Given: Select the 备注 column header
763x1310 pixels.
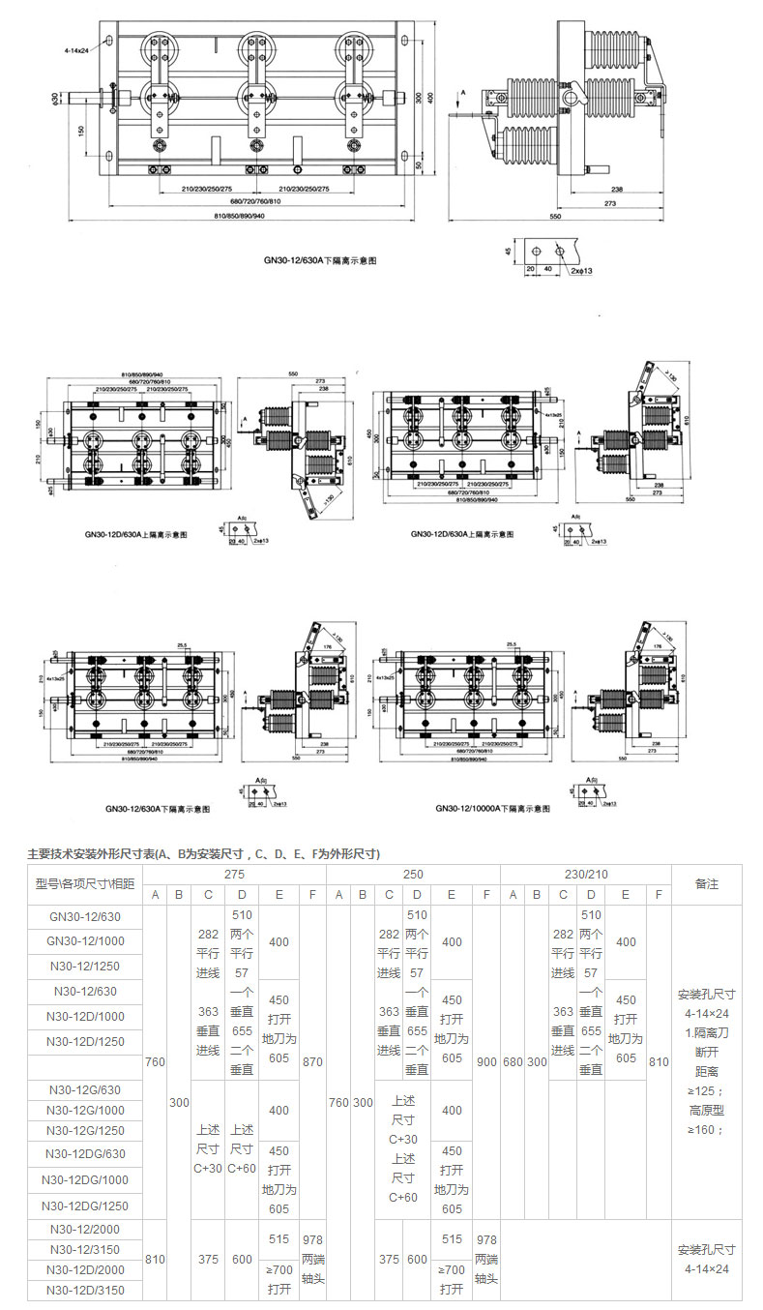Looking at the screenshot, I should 707,883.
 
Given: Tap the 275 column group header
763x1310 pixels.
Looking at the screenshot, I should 235,873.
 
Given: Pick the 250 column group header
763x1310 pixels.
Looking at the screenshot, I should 414,873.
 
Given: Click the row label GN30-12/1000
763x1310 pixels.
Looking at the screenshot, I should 84,940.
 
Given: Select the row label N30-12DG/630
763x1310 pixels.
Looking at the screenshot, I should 84,1153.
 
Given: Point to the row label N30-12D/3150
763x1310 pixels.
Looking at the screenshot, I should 84,1290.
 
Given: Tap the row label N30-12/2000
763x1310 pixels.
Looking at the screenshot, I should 84,1228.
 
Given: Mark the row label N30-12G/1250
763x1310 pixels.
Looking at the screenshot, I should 84,1130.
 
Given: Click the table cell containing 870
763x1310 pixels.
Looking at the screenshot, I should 312,1061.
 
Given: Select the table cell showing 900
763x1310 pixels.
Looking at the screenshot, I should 486,1061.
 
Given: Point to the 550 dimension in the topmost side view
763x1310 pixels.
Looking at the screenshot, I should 555,217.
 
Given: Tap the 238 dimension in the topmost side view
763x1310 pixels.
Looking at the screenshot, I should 616,191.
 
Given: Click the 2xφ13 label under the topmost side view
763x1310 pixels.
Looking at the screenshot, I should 581,272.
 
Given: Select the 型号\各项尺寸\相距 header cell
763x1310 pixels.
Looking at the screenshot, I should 84,883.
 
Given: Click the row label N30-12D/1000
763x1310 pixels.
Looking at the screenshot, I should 84,1016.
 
